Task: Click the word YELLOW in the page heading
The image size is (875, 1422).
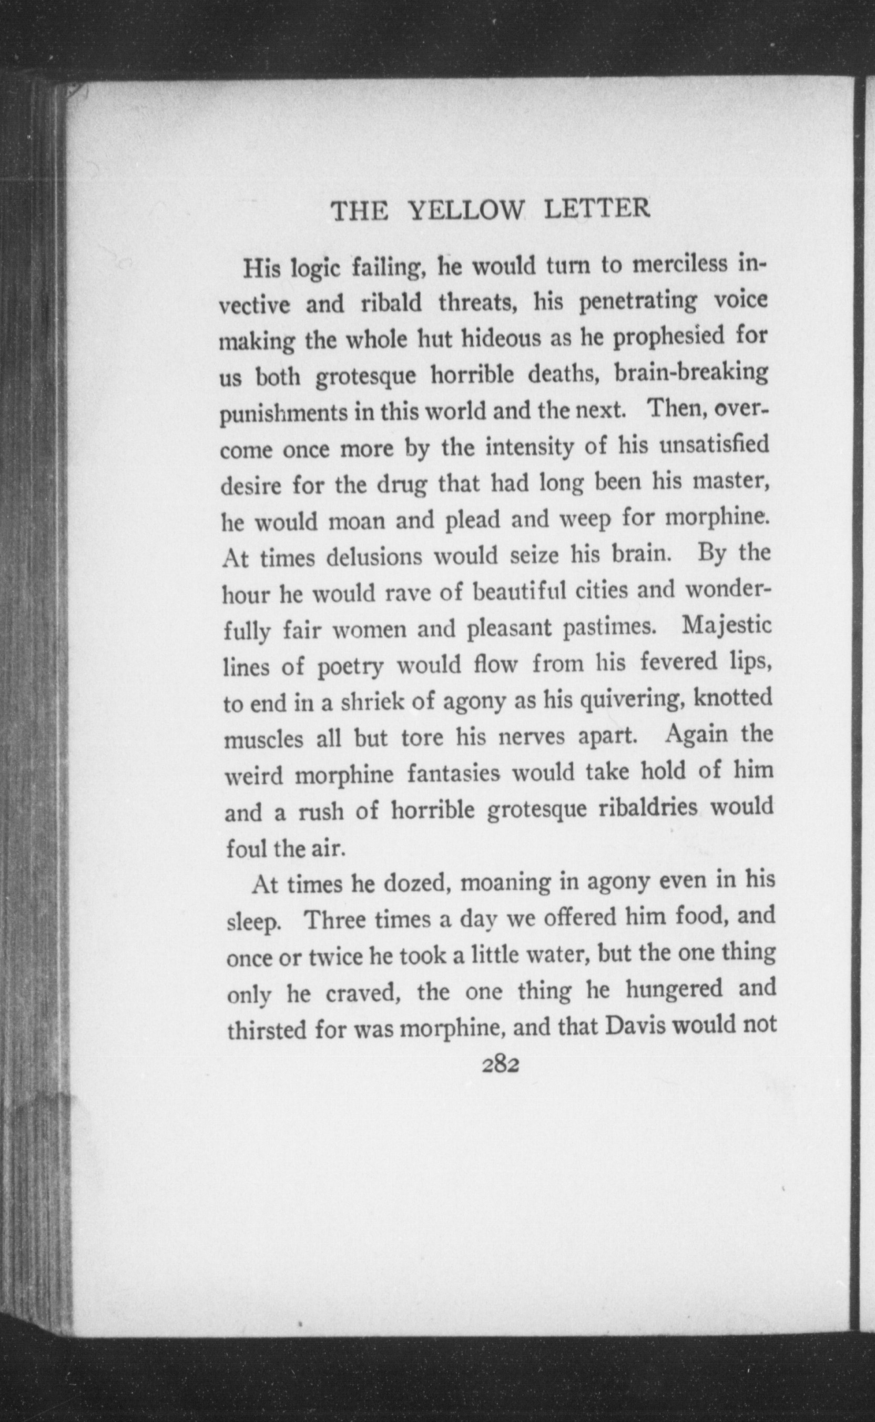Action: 466,211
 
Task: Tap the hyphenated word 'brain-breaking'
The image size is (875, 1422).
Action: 691,373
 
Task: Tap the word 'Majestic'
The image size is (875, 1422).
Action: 727,627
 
